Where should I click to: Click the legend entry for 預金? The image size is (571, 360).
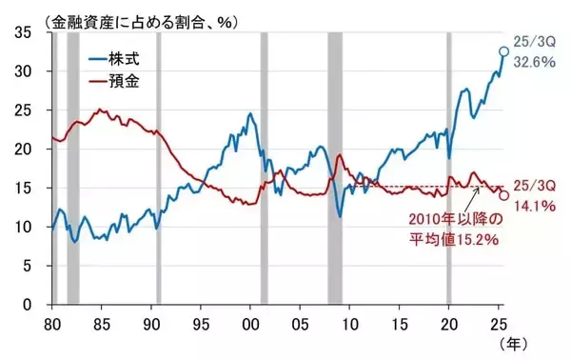(124, 82)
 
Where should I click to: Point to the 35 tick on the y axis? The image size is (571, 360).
(25, 32)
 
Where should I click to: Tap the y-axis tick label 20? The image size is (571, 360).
(25, 150)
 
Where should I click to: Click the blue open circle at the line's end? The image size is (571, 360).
(503, 51)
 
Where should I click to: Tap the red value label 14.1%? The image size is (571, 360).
(532, 201)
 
